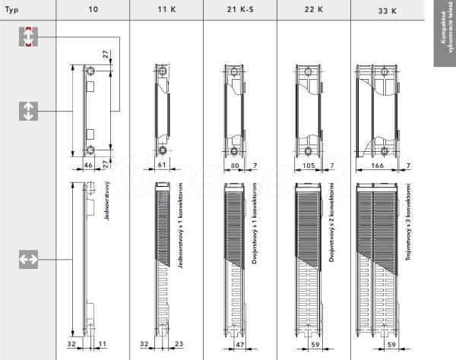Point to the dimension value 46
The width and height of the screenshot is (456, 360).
(87, 164)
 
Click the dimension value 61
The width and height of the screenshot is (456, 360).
(161, 164)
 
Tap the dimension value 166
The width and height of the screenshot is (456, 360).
(378, 164)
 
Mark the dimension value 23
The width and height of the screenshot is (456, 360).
(177, 344)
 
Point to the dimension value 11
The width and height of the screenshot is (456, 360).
(102, 344)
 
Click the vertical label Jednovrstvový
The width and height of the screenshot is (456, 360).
(109, 201)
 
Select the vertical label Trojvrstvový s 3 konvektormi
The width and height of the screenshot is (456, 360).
(408, 228)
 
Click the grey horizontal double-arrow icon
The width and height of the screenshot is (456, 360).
(28, 260)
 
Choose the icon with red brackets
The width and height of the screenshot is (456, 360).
(28, 36)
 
